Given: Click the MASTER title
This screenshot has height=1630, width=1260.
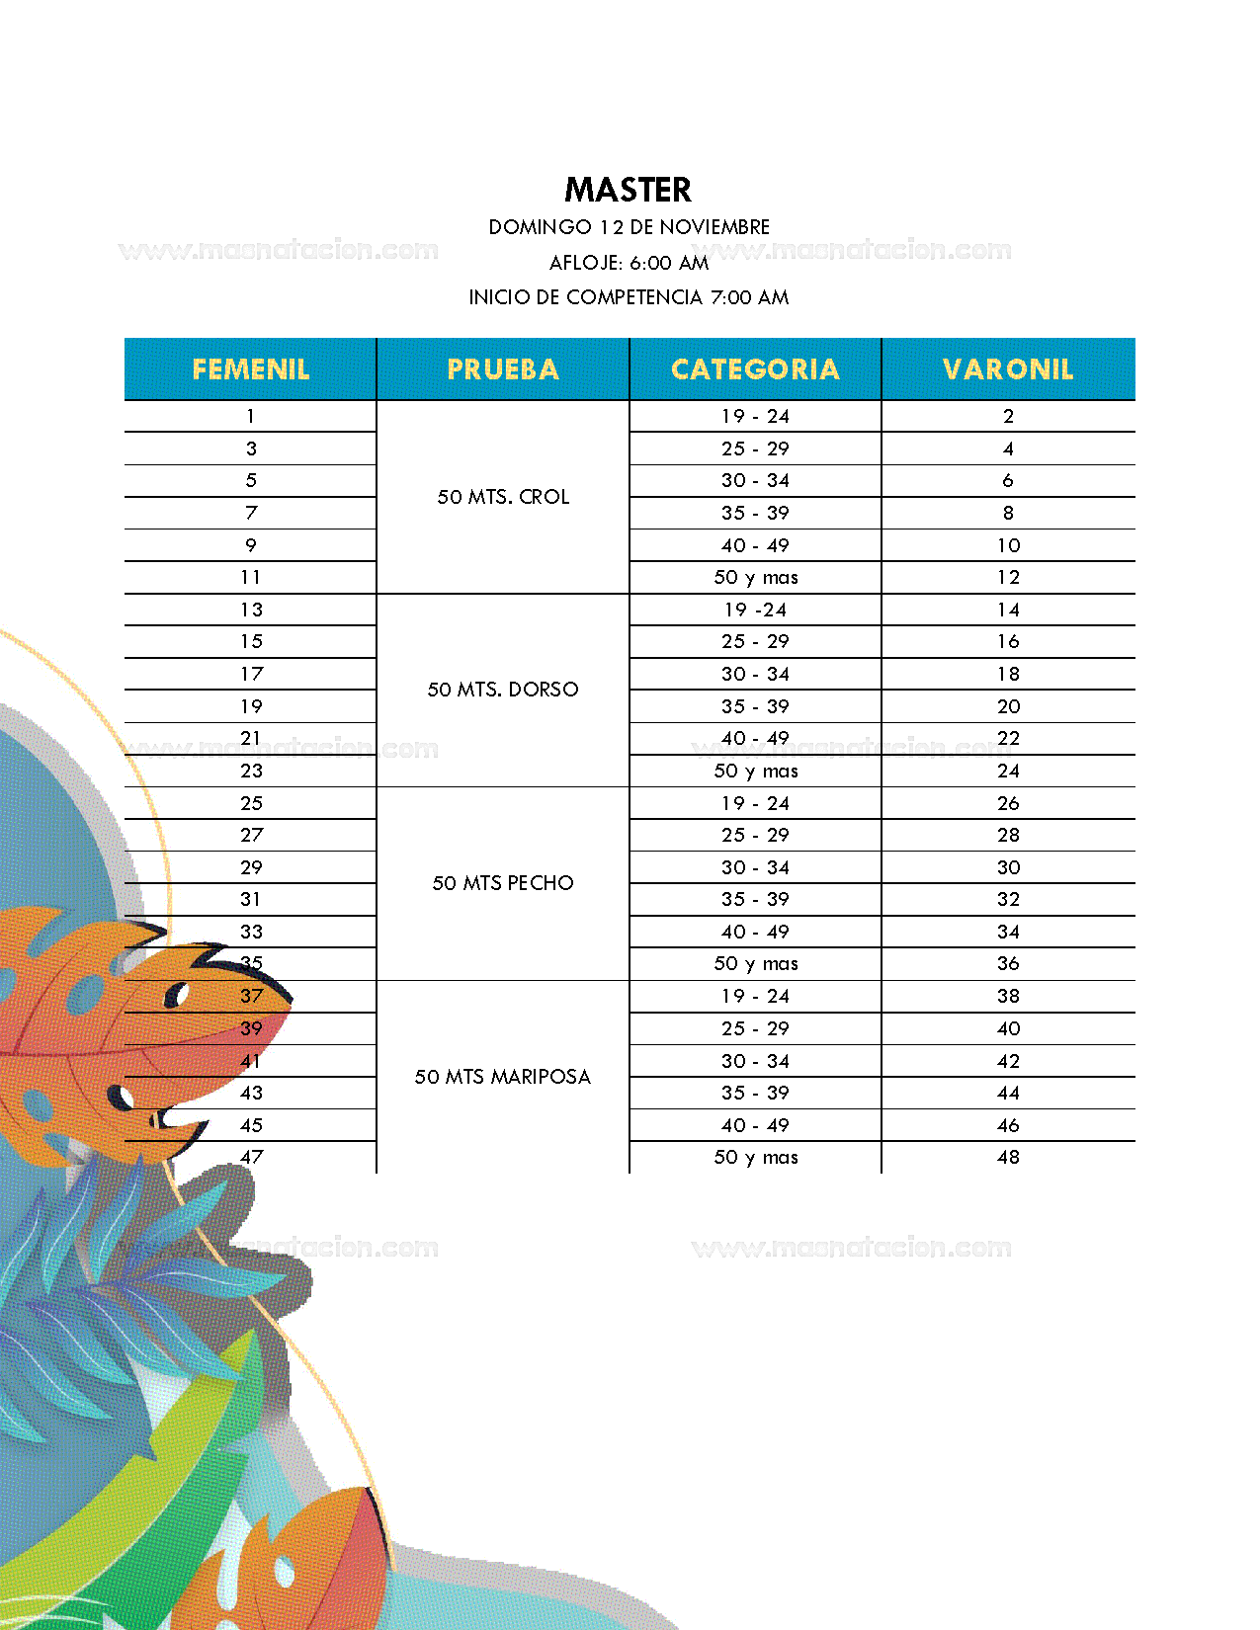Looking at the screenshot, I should pos(629,190).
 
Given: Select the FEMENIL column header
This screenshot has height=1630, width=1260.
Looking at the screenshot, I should pos(251,369).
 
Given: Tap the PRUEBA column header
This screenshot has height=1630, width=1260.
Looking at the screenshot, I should pos(503,369).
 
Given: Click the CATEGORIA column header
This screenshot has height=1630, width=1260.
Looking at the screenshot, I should pos(755,369).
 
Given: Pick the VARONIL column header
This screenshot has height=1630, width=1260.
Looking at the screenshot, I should pos(1008,369).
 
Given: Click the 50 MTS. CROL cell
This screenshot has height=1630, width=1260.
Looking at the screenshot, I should pos(503,497).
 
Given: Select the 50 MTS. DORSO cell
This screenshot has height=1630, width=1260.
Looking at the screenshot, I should pos(503,690).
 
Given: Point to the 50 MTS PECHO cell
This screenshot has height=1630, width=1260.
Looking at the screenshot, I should pos(503,883).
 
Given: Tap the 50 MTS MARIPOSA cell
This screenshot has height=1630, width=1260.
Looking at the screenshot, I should pos(503,1077).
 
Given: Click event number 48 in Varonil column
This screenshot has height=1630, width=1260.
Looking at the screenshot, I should pos(1008,1157).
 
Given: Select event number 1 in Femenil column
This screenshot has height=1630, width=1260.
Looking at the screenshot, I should pos(251,417).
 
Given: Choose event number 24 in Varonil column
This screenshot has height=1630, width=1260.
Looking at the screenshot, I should pos(1008,771).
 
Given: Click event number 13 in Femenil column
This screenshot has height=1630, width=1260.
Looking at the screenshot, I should pos(251,610).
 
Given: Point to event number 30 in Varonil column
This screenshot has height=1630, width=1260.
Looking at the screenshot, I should pos(1008,867).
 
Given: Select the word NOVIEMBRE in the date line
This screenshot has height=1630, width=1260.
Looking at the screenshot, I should pos(714,227).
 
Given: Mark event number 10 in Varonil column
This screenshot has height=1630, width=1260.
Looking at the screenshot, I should pos(1008,545).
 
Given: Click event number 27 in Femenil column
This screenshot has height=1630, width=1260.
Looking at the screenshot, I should pos(251,835).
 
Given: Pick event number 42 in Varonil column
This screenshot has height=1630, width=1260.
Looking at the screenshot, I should pos(1008,1061).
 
